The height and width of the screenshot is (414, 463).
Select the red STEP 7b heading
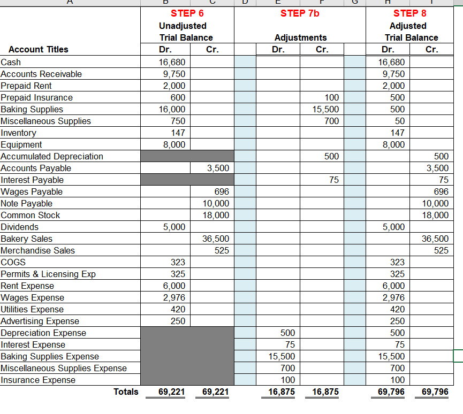click(x=300, y=13)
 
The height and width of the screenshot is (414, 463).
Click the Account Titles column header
click(x=39, y=50)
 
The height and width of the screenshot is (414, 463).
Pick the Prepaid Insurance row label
click(x=37, y=97)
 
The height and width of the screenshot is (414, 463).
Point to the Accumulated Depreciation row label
click(x=52, y=156)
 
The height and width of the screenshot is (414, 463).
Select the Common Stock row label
click(x=31, y=215)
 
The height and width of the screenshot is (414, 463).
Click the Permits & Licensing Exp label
click(x=48, y=274)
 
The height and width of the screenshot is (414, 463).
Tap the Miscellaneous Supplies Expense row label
click(x=64, y=368)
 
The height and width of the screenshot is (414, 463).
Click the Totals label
click(x=126, y=392)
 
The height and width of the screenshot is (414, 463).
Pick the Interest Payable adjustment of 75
click(x=334, y=180)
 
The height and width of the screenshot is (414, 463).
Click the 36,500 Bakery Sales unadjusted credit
click(x=217, y=239)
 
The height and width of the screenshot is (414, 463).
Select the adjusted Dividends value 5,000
click(x=394, y=227)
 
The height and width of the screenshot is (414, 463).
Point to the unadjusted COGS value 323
click(x=178, y=262)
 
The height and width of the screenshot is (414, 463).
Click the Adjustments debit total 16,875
click(x=282, y=392)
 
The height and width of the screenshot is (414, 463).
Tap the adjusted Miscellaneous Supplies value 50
click(x=400, y=121)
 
